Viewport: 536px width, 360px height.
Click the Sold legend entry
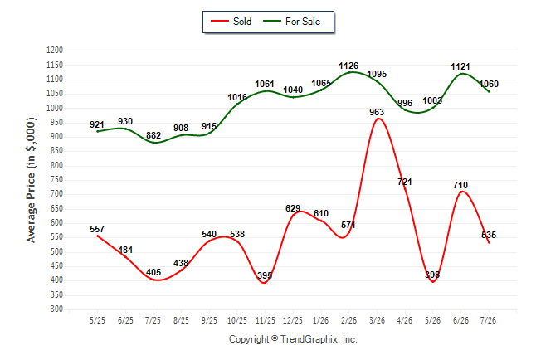point(231,22)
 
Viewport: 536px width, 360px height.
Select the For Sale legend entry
point(291,22)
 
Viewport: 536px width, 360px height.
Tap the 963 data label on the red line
point(377,112)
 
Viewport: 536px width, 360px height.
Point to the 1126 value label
point(348,66)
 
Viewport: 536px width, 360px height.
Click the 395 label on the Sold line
point(265,275)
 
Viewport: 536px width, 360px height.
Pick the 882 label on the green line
point(153,135)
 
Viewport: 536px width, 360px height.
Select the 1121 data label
point(460,66)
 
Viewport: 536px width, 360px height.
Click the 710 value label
point(460,185)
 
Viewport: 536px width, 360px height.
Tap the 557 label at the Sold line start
point(97,229)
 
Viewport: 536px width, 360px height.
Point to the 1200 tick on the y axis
point(55,51)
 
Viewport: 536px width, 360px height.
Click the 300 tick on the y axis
point(56,309)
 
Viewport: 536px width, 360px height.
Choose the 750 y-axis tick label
point(56,180)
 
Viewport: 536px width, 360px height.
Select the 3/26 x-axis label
point(377,320)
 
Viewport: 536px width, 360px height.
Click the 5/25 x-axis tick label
point(97,320)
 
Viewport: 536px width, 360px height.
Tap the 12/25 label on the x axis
point(293,320)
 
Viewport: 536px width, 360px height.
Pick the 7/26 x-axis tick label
point(488,320)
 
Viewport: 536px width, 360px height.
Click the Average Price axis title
point(31,180)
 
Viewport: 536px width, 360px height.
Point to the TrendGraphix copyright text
point(293,339)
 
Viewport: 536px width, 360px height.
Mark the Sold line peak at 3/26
point(378,119)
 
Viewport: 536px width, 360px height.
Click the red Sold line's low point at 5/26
point(433,282)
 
